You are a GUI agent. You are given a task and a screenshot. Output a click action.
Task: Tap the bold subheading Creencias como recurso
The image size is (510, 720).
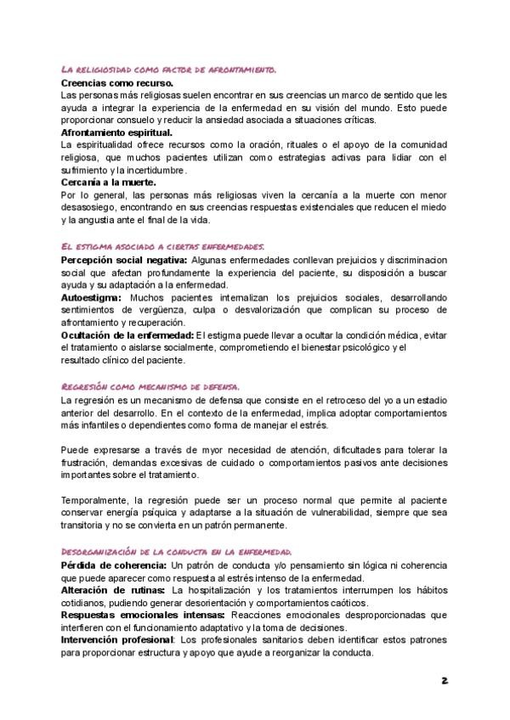coord(117,83)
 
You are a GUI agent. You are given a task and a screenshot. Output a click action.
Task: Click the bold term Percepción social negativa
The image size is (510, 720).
coord(124,258)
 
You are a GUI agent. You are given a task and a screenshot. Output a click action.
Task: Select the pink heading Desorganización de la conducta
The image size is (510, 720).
coord(177,550)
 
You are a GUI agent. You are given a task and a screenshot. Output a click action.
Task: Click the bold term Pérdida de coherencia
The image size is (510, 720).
coord(114,565)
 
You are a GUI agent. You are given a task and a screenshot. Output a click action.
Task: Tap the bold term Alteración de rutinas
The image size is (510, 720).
coord(114,589)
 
